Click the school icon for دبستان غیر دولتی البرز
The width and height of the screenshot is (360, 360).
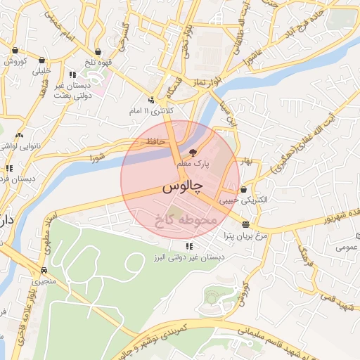click(x=189, y=246)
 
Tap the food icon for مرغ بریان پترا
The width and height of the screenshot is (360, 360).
click(x=245, y=224)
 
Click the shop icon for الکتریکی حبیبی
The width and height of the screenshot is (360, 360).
click(x=243, y=189)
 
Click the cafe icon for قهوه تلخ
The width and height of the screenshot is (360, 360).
click(x=97, y=50)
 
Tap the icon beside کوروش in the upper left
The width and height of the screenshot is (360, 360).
click(x=15, y=50)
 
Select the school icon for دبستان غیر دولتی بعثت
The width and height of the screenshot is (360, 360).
click(x=72, y=75)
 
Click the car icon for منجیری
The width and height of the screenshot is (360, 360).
click(x=44, y=270)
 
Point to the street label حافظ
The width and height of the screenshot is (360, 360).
click(x=155, y=141)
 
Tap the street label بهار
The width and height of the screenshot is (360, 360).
click(x=244, y=161)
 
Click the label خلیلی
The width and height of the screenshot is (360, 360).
click(x=41, y=71)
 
